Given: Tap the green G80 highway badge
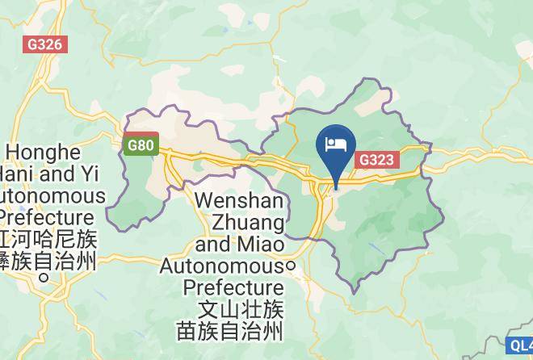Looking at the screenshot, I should (x=141, y=146).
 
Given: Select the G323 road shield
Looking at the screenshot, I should (x=376, y=159).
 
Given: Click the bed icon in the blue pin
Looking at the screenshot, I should (x=335, y=145).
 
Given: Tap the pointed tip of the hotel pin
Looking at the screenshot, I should (x=335, y=188).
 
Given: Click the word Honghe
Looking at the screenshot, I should (x=44, y=153).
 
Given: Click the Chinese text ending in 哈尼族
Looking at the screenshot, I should (x=48, y=240).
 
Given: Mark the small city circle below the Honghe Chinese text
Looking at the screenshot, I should (x=43, y=278).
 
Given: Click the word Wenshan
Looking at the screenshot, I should (x=239, y=199).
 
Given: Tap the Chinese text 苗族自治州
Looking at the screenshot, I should (x=230, y=330).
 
